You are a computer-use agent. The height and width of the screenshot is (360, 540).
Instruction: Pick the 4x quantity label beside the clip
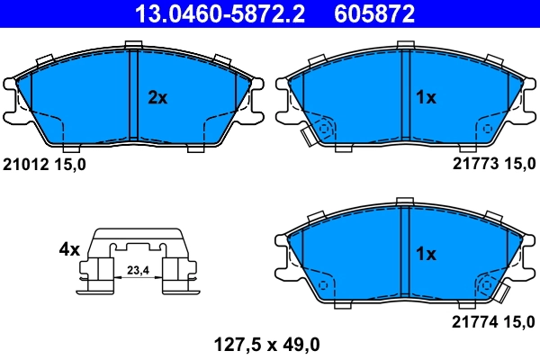[70, 248]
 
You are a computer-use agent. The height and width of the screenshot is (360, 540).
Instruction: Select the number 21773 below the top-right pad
[470, 165]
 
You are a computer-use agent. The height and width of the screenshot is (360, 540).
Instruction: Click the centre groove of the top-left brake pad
[132, 94]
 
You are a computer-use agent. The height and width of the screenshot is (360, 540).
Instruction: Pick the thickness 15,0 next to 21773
[514, 165]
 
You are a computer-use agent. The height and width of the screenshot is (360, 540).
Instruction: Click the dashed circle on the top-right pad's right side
[487, 129]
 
